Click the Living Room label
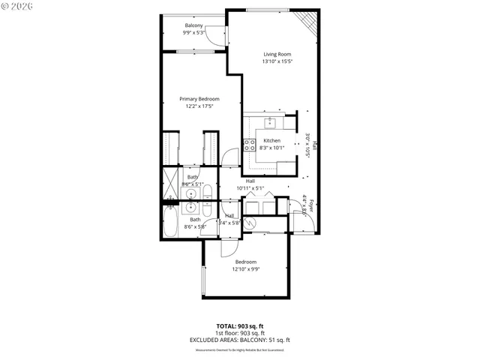click(x=277, y=54)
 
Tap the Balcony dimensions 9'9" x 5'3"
click(x=193, y=33)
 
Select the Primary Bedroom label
click(x=199, y=99)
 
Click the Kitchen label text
click(x=271, y=141)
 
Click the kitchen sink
click(x=270, y=123)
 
